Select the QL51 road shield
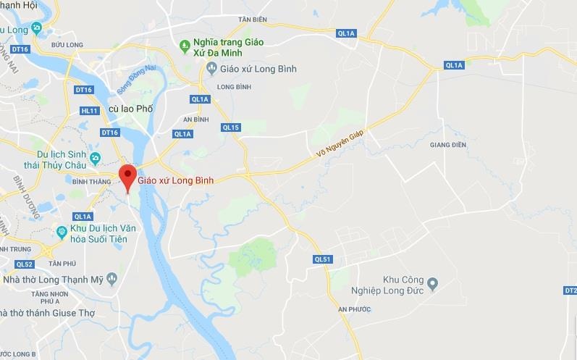323,259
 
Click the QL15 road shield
231,127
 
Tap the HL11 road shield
90,110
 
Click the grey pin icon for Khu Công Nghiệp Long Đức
432,282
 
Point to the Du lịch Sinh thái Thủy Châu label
47,159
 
